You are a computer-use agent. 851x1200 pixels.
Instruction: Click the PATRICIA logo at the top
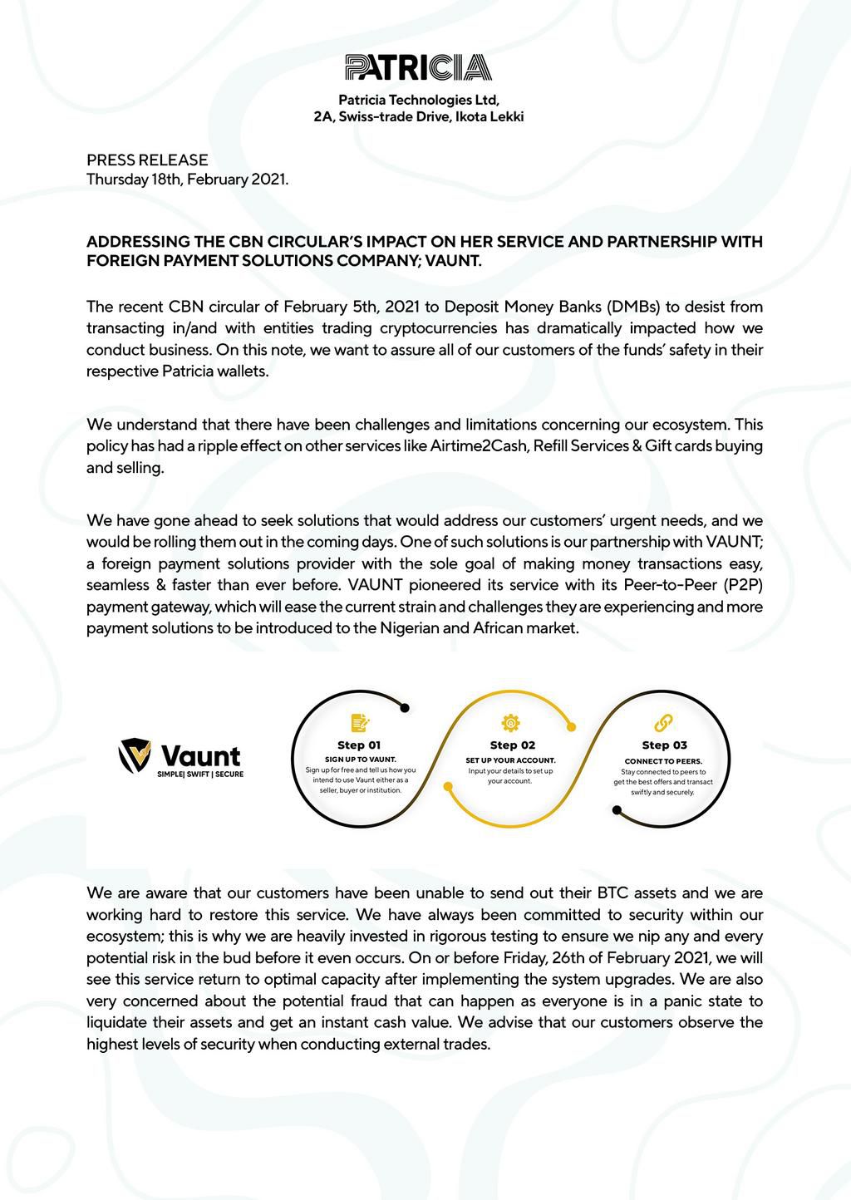[418, 67]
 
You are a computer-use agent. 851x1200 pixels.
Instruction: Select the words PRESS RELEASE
[147, 160]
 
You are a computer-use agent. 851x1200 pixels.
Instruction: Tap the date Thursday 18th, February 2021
[188, 180]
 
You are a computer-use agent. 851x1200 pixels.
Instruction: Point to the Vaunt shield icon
[135, 755]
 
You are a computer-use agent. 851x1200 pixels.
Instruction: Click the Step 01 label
[359, 745]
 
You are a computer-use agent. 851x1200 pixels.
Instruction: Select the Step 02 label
[512, 745]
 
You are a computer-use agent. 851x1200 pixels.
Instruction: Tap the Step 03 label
[664, 745]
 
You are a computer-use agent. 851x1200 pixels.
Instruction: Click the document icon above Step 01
[360, 722]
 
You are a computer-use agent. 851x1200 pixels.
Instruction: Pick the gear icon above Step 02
[510, 722]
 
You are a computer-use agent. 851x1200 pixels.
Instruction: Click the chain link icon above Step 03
[663, 722]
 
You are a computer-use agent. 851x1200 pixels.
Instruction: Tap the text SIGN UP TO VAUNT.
[360, 760]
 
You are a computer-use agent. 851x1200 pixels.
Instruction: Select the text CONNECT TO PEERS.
[663, 761]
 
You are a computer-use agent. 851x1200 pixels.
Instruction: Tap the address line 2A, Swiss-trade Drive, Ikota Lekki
[418, 117]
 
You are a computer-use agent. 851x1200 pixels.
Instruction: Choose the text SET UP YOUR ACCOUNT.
[510, 760]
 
